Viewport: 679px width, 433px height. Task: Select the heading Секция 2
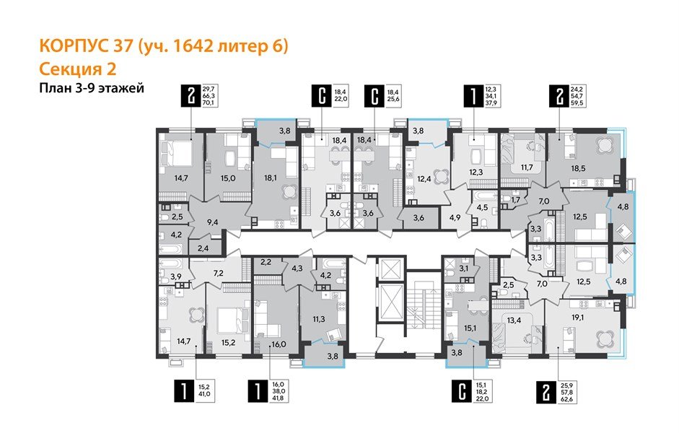(76, 69)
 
